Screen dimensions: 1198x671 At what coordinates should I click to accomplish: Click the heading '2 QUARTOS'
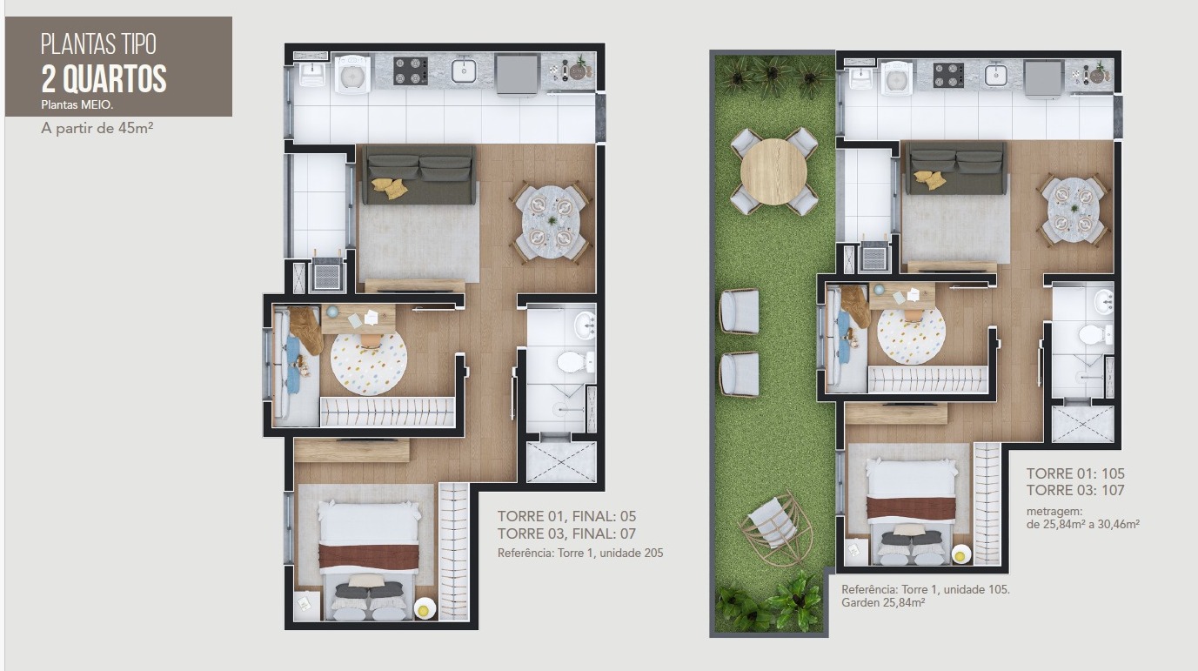[104, 79]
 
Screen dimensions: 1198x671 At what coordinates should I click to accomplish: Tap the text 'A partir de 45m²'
[97, 129]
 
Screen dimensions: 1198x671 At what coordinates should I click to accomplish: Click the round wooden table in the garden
[773, 171]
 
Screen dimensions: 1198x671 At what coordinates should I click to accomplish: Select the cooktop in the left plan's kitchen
[410, 71]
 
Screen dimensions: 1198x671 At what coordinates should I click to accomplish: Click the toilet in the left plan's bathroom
[576, 362]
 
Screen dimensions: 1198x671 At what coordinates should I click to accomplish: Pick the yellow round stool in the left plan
[425, 609]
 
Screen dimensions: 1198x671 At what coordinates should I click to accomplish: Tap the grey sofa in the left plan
[418, 174]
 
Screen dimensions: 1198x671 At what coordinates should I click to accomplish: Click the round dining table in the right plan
[1073, 209]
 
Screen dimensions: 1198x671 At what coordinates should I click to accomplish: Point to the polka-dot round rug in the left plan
[369, 362]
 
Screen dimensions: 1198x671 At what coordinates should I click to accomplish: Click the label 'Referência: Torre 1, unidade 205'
[580, 553]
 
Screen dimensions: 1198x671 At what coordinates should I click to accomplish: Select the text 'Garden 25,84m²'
[883, 603]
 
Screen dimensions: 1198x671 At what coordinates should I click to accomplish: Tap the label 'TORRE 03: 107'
[1075, 490]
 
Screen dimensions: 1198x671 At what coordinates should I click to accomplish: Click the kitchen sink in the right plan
[995, 74]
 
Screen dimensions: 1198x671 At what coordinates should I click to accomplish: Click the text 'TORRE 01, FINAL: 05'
[567, 516]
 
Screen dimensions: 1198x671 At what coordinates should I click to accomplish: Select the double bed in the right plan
[911, 512]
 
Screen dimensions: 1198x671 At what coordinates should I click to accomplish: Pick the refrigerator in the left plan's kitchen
[517, 75]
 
